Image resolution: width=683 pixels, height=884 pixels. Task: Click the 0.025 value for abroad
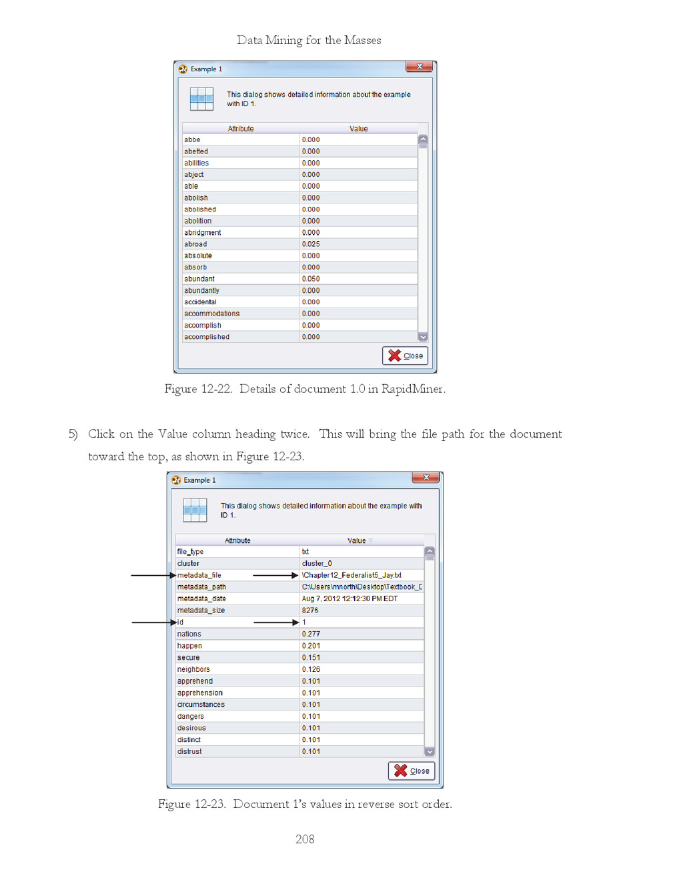(x=311, y=244)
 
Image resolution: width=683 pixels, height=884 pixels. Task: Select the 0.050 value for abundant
(x=311, y=279)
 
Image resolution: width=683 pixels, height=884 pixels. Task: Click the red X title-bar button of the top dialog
(x=419, y=67)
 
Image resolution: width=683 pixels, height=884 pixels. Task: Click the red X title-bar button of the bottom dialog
(x=426, y=478)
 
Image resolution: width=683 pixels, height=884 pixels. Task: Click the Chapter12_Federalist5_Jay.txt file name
(x=352, y=575)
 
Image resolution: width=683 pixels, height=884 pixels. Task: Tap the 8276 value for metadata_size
(x=309, y=610)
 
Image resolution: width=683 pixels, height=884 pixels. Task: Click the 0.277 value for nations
(x=311, y=634)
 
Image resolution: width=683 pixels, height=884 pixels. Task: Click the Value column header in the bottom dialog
(x=357, y=540)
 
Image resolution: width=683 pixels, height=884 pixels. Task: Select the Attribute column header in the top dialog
(x=241, y=129)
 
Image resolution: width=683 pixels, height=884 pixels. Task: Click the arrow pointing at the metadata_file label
(x=153, y=575)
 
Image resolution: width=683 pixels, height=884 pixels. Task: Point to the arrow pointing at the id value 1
(x=276, y=622)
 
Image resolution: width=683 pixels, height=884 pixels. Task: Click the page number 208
(x=305, y=839)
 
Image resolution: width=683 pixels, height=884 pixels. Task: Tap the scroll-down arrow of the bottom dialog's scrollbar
(x=430, y=752)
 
